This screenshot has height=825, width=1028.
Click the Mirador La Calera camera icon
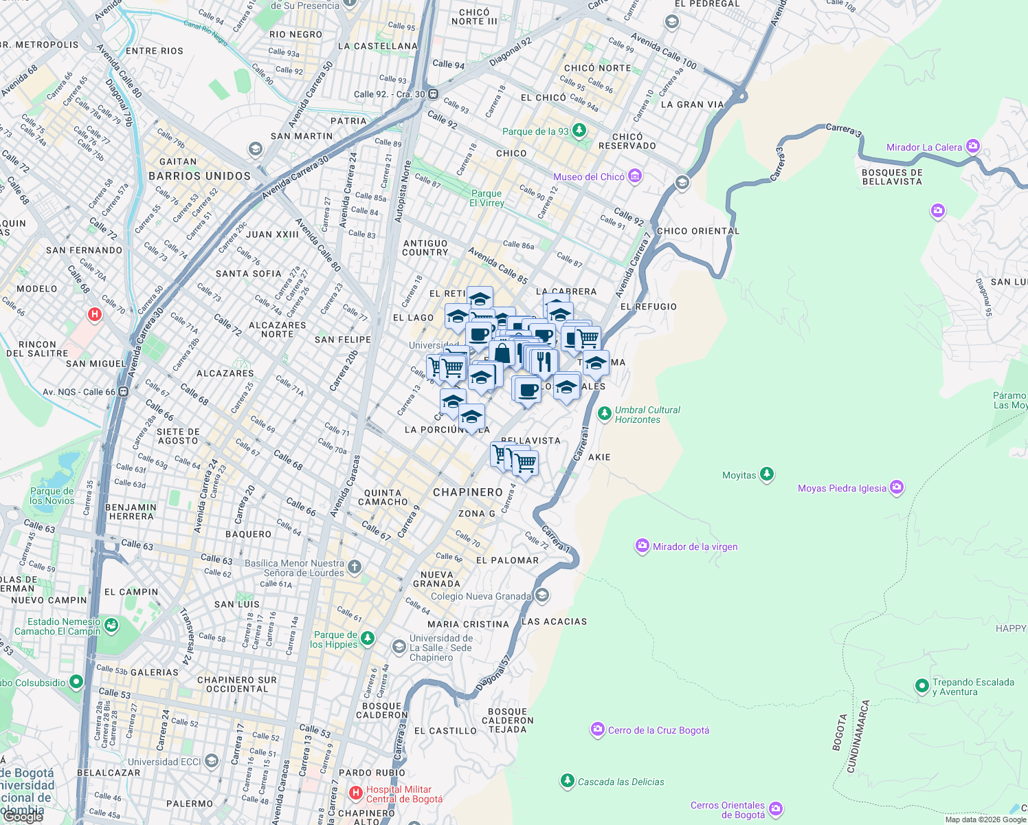[972, 146]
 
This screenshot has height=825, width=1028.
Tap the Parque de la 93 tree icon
[579, 131]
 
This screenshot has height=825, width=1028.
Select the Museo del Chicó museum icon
[635, 176]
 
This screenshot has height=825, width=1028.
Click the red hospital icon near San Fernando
[95, 315]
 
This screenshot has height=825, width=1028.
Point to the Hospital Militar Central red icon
[355, 793]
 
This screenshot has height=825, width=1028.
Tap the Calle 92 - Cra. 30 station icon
[433, 94]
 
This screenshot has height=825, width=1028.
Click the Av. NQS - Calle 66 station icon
[123, 392]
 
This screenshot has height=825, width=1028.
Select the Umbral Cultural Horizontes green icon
[604, 413]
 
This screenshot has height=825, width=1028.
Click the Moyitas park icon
[767, 474]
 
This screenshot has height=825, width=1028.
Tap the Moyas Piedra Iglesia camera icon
[896, 487]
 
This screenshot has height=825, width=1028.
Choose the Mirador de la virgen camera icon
[642, 546]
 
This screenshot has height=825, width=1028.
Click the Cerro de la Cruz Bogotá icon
[597, 729]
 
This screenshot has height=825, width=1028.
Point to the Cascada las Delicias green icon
[567, 781]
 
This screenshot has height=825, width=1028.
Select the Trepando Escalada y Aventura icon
[921, 686]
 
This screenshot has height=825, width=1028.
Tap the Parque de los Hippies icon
[368, 639]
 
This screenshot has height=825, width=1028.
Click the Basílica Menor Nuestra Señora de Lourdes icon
[354, 567]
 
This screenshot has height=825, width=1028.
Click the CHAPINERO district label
[467, 492]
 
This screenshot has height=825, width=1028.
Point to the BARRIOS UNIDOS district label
[199, 176]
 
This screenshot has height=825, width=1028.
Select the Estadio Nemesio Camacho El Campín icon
[111, 626]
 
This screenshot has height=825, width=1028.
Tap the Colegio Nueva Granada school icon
[541, 595]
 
